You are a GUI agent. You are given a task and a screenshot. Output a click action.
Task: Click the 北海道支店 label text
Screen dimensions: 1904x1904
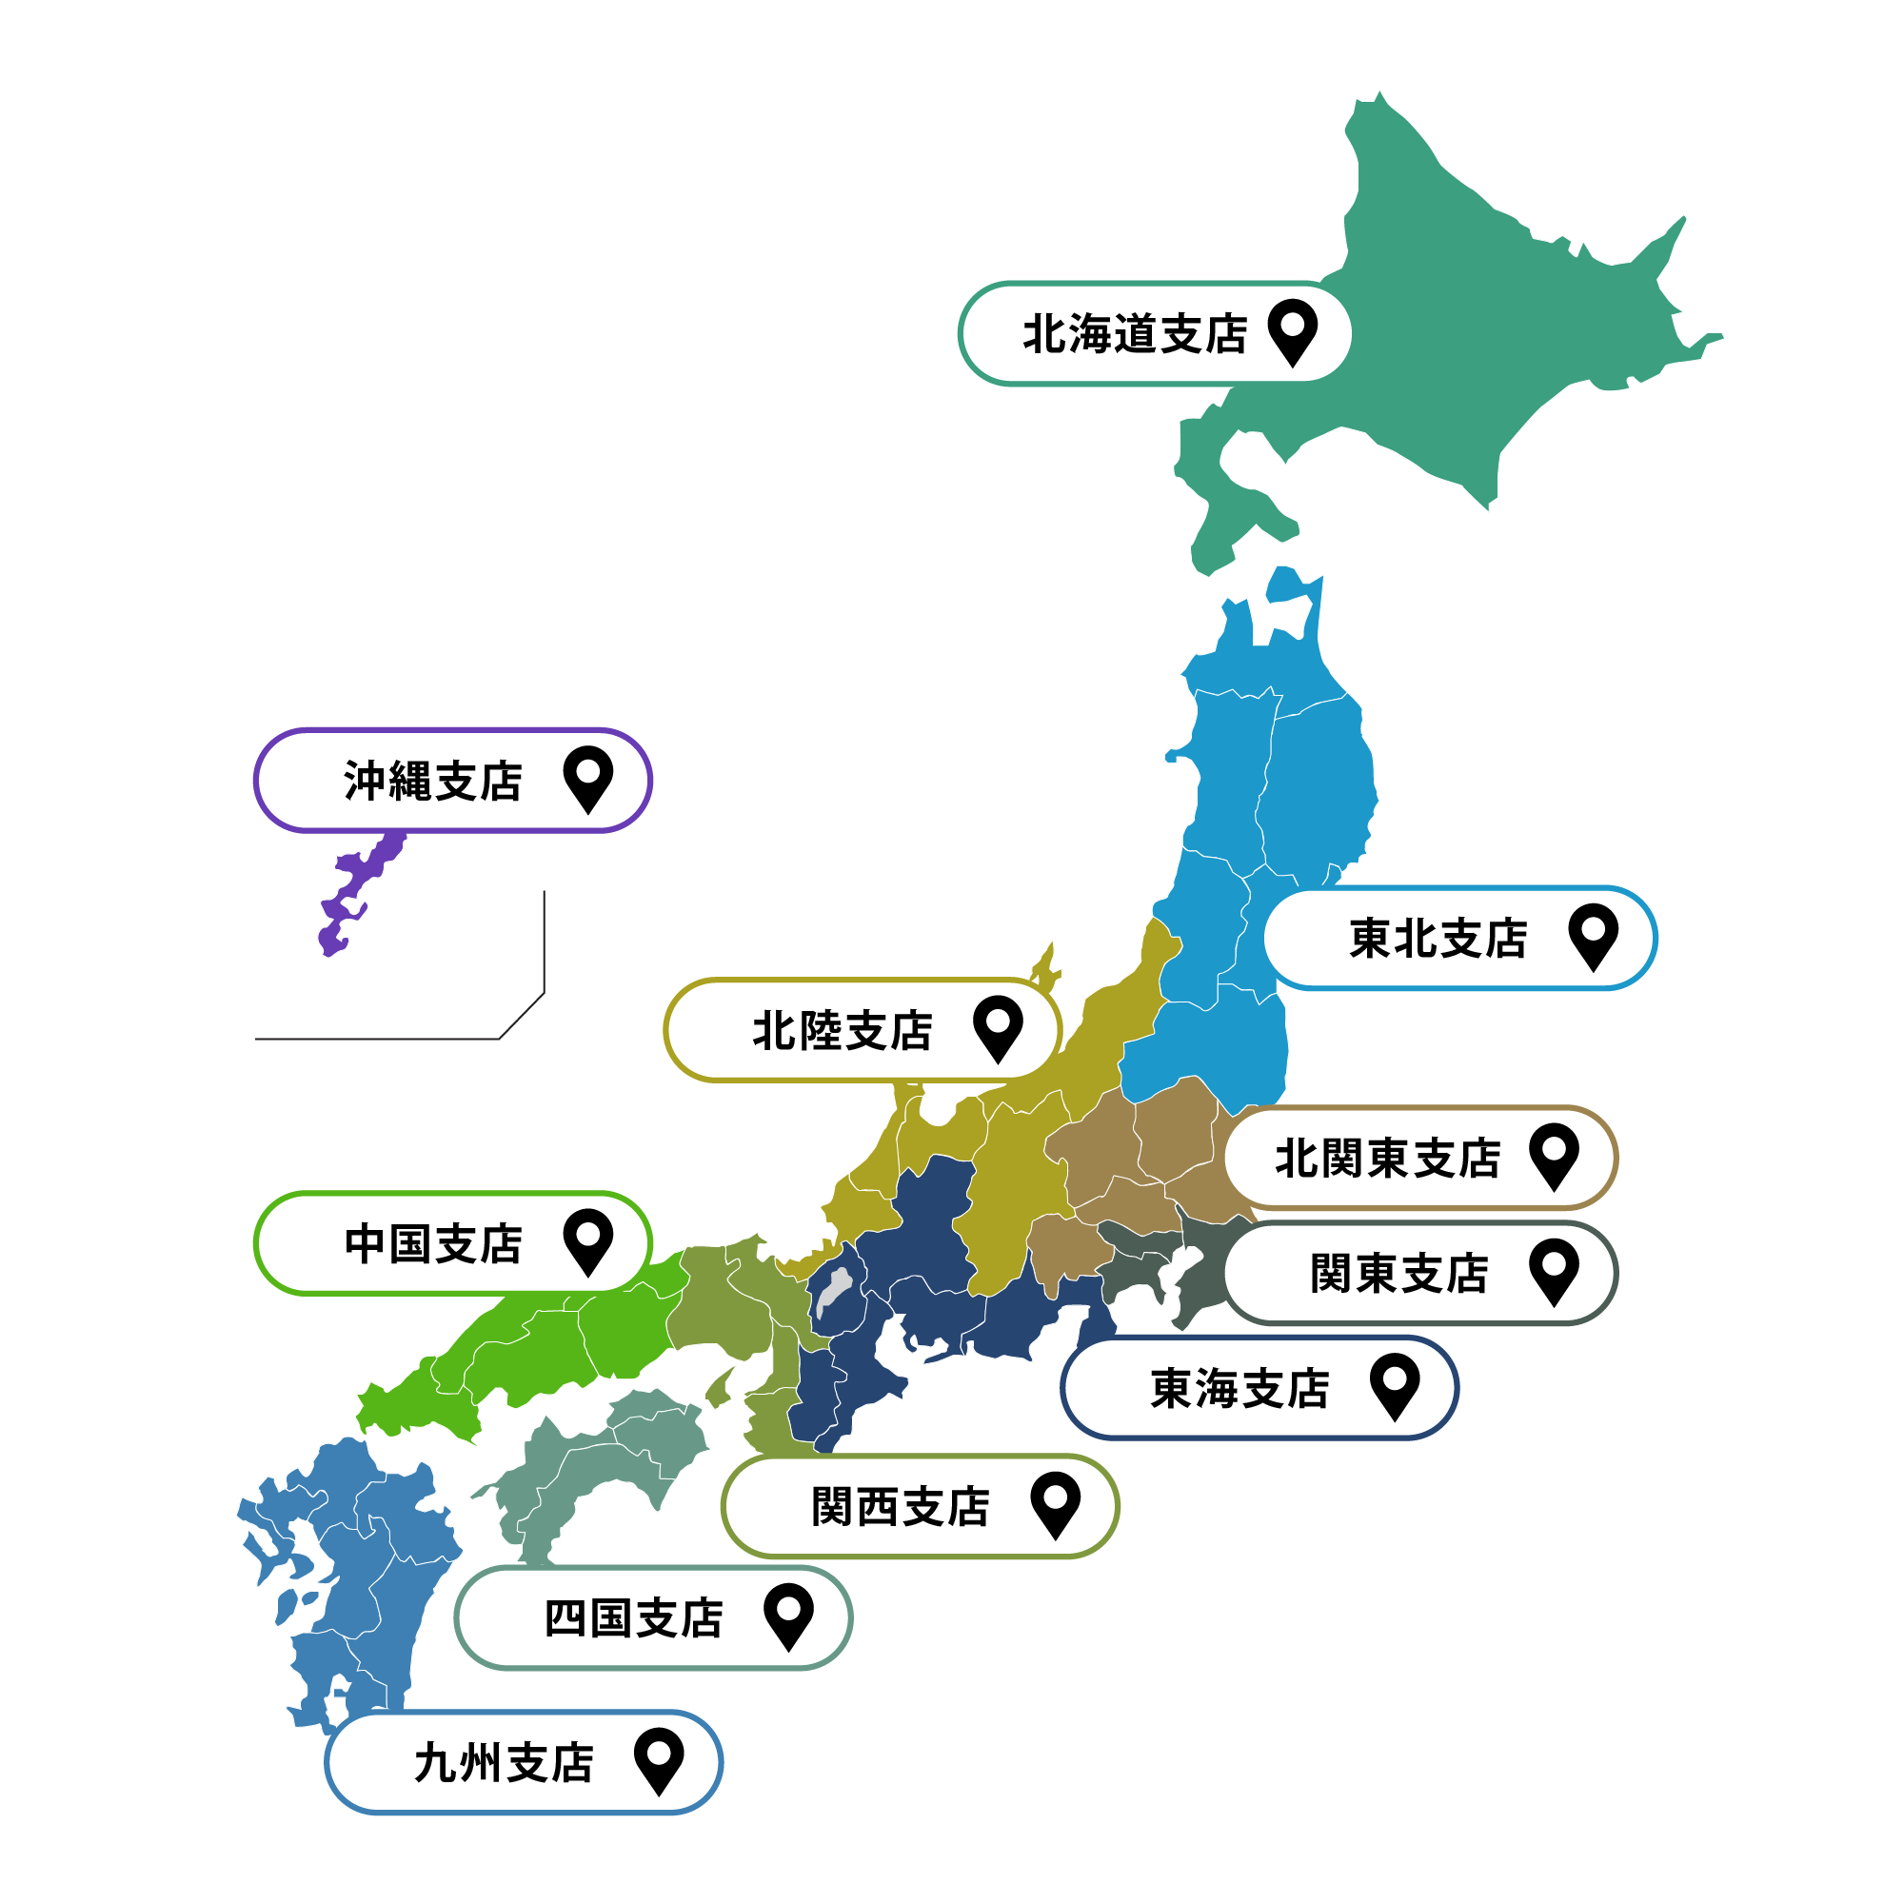[1135, 334]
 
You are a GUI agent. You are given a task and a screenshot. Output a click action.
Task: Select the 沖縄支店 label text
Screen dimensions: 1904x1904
[432, 782]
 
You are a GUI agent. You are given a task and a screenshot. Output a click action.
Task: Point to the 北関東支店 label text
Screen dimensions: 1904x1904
[1388, 1158]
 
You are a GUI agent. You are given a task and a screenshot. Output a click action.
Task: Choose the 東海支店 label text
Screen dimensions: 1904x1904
[1240, 1389]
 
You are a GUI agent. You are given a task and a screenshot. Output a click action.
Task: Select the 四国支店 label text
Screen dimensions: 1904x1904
[634, 1618]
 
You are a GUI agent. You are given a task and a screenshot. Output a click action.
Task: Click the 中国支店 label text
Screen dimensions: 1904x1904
[432, 1243]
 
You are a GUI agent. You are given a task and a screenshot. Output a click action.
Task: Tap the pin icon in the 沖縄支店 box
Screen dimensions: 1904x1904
[587, 777]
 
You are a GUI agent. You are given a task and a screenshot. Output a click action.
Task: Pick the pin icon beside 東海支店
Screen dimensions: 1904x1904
[1395, 1383]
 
